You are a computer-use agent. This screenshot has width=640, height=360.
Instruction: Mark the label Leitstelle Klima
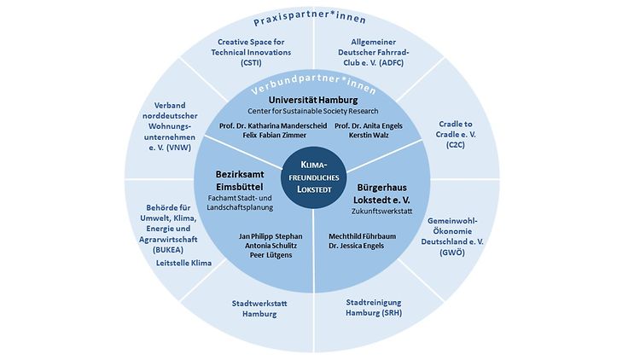point(183,264)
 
